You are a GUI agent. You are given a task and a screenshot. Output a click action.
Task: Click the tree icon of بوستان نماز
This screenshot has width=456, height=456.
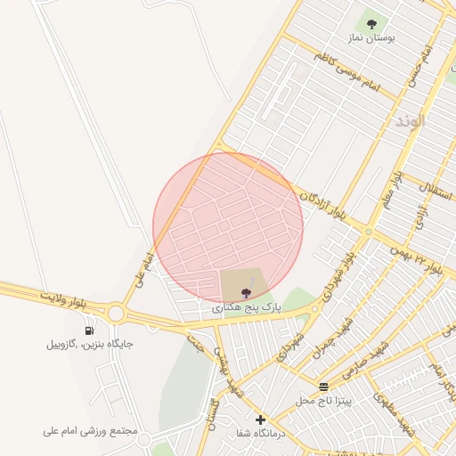click(x=371, y=24)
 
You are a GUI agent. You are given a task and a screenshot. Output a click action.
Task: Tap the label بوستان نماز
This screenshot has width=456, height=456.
click(x=371, y=39)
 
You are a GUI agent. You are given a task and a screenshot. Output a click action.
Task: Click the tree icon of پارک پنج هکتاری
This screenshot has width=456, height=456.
click(x=246, y=292)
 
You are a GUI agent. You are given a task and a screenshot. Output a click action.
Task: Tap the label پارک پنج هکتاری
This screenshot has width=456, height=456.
click(x=247, y=306)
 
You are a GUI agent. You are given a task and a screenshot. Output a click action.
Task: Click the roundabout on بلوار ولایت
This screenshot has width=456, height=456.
click(x=116, y=313)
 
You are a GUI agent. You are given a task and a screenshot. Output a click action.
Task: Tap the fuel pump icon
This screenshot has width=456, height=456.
click(x=89, y=331)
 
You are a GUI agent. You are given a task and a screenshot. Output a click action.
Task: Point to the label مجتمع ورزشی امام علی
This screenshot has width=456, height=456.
click(x=91, y=431)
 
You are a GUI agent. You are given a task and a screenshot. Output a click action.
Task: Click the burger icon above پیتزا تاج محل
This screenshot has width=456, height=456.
click(x=323, y=387)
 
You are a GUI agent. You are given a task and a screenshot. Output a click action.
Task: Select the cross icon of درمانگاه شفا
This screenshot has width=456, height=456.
click(x=260, y=419)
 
